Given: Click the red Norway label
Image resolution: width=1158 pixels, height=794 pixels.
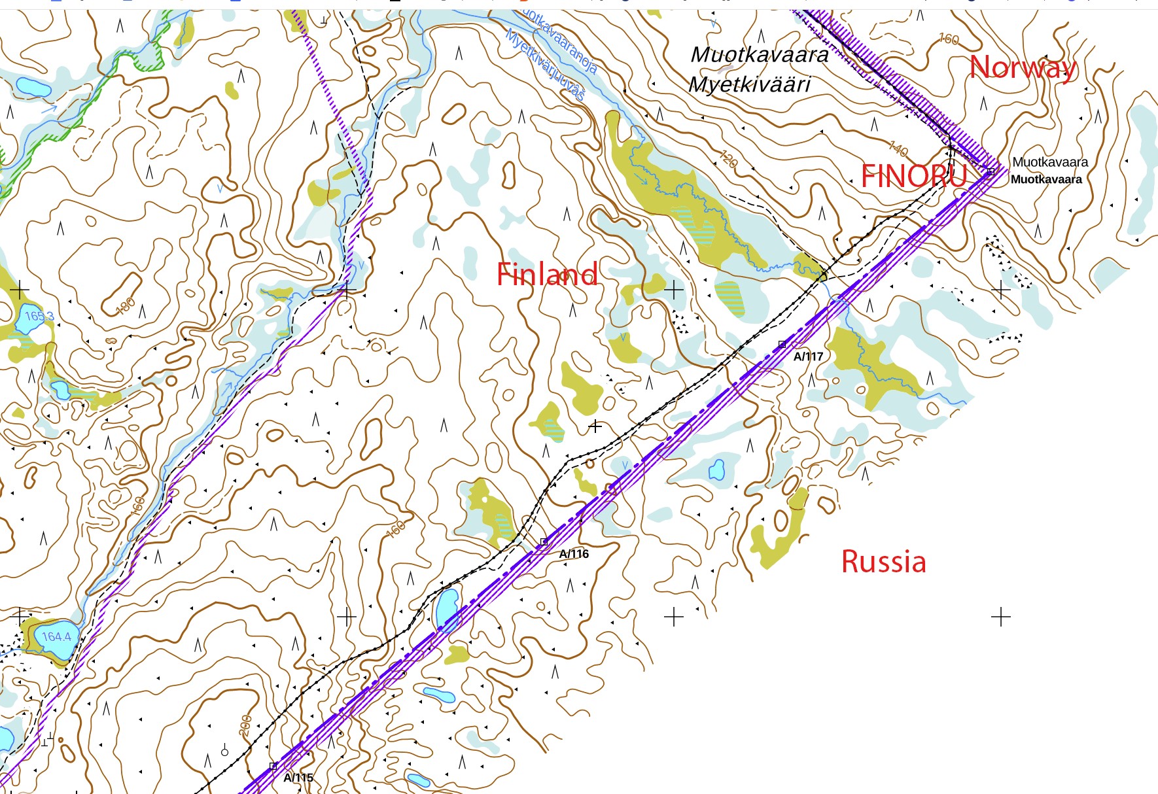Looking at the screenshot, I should point(1023,67).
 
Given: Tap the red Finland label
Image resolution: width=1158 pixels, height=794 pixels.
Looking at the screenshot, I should point(547,274).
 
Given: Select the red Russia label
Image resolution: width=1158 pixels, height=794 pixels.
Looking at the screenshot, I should point(883,562).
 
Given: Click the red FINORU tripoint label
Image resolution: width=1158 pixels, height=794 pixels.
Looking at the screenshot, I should point(913,176).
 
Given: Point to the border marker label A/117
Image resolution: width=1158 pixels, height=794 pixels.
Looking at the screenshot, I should point(808,356).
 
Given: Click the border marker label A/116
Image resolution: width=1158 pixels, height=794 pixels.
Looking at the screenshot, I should point(574,554).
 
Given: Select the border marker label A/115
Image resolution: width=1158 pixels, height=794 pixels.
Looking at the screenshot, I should point(298,778).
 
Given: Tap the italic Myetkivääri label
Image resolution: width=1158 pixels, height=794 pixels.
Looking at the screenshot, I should point(749,84).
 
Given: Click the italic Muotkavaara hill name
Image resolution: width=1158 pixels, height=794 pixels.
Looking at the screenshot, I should point(760,54).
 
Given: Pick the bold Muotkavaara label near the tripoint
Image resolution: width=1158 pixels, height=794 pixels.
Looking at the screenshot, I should point(1046,179).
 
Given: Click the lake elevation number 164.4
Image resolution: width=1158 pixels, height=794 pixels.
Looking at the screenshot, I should point(56,636).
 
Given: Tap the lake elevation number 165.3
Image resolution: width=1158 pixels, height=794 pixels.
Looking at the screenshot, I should point(39,316).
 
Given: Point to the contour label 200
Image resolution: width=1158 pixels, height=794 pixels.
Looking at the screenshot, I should point(245,725).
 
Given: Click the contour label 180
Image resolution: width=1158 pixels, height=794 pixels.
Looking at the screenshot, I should point(126,305).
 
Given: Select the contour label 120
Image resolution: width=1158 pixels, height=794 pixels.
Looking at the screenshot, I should point(728,158).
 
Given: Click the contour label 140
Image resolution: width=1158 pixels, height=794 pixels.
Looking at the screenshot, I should point(898,150).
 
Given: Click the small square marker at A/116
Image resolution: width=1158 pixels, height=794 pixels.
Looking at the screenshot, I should point(544,542).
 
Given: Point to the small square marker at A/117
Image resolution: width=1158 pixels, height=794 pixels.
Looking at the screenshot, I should point(782,344).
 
